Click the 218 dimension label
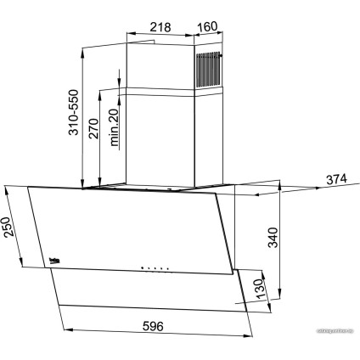point(160,25)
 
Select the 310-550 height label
point(74,114)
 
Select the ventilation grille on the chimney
point(210,70)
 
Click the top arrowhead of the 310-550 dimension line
point(83,49)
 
